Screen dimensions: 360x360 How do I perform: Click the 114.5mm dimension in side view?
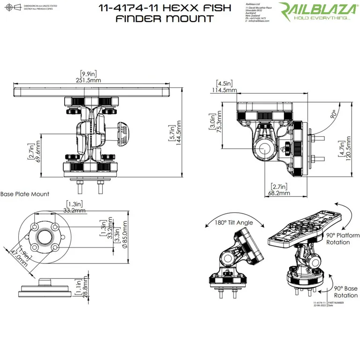coord(225,90)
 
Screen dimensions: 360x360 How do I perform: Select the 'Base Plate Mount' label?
coord(24,194)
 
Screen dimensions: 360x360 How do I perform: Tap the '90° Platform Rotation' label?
coord(338,239)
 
